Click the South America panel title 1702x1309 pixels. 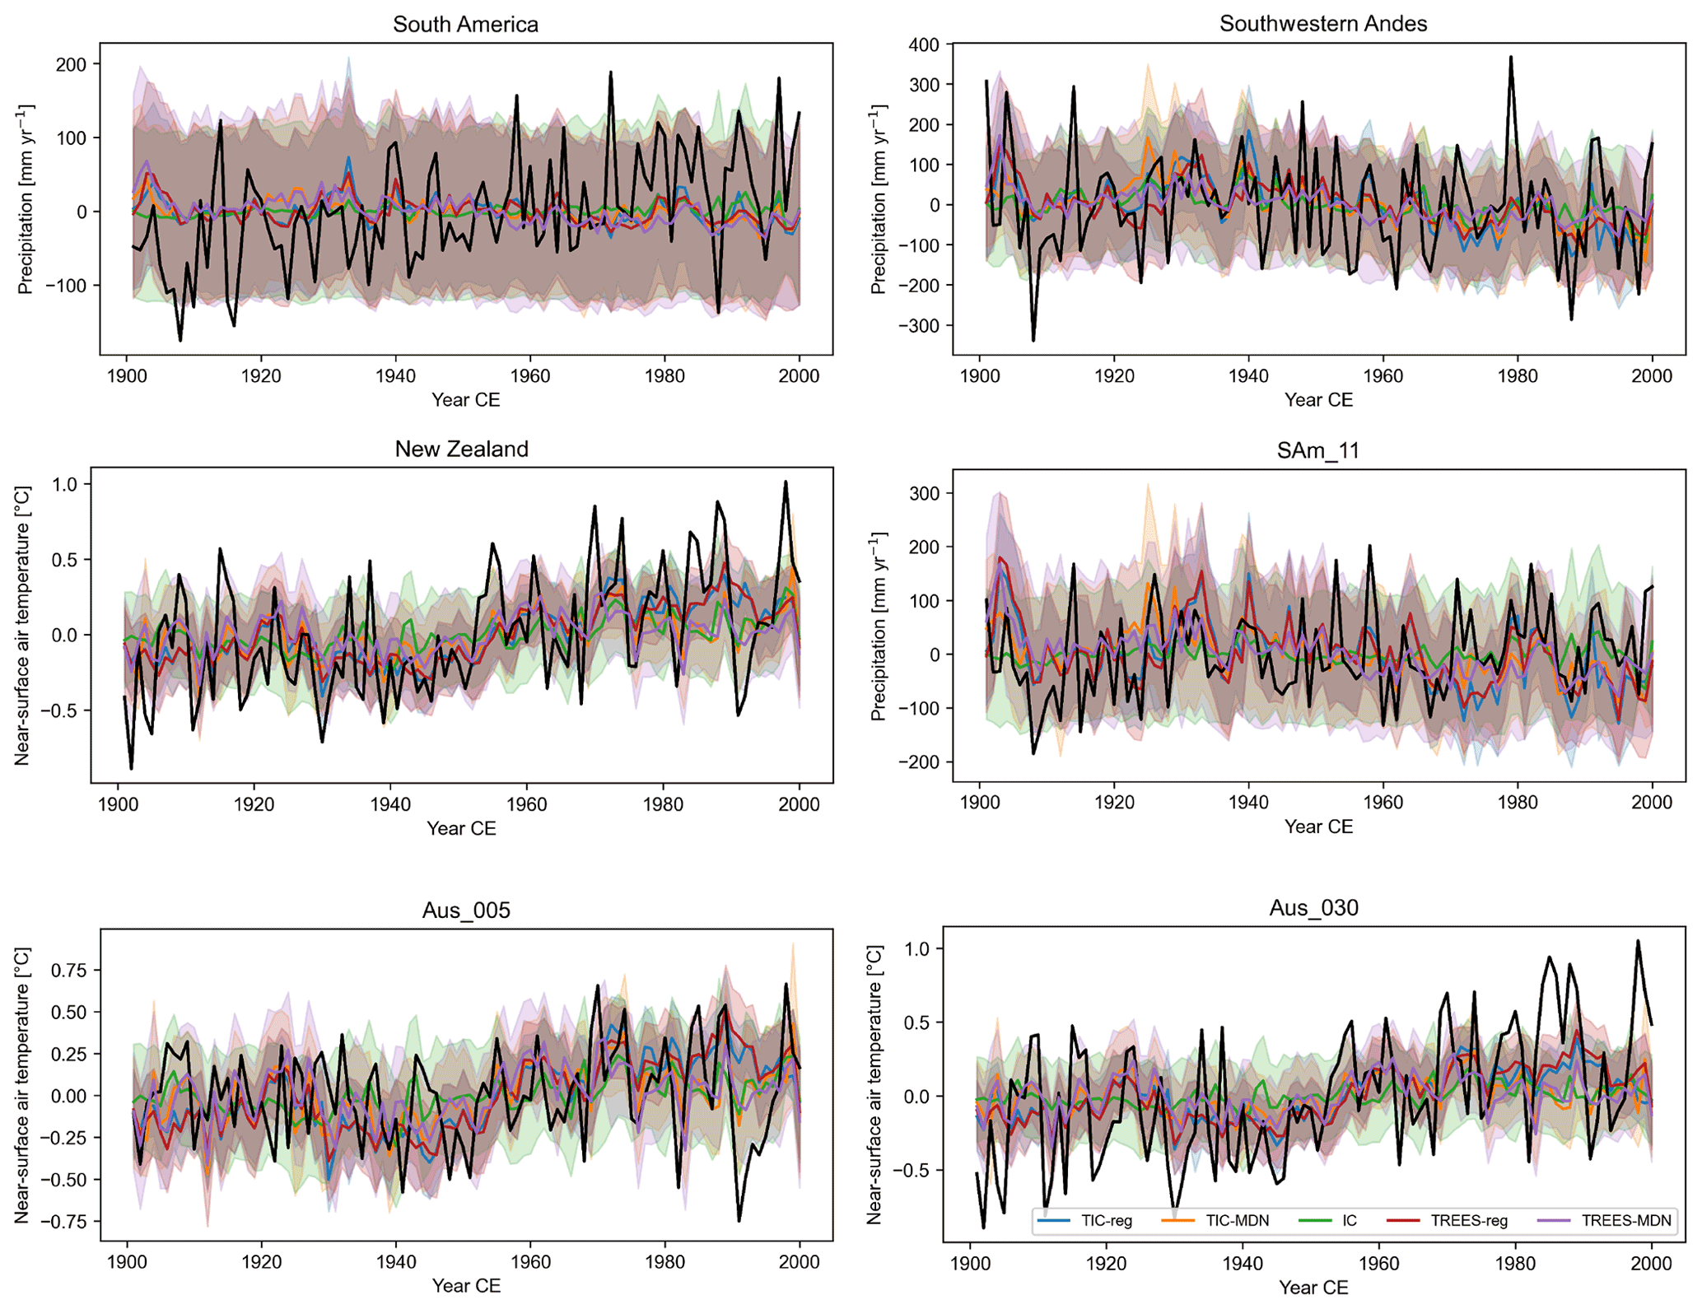[465, 25]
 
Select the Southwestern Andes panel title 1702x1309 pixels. [1322, 24]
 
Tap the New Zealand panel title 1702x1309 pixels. [461, 450]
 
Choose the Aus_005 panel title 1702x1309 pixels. [466, 911]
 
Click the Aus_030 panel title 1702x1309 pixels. [1313, 908]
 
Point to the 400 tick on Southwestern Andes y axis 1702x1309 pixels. [924, 44]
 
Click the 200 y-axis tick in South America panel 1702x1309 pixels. [71, 64]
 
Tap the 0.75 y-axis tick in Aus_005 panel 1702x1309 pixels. [68, 971]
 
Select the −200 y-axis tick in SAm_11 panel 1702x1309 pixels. [916, 762]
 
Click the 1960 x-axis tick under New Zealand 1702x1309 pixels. [526, 804]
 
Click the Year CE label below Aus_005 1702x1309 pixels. [466, 1286]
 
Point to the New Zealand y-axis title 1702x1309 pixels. [23, 626]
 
